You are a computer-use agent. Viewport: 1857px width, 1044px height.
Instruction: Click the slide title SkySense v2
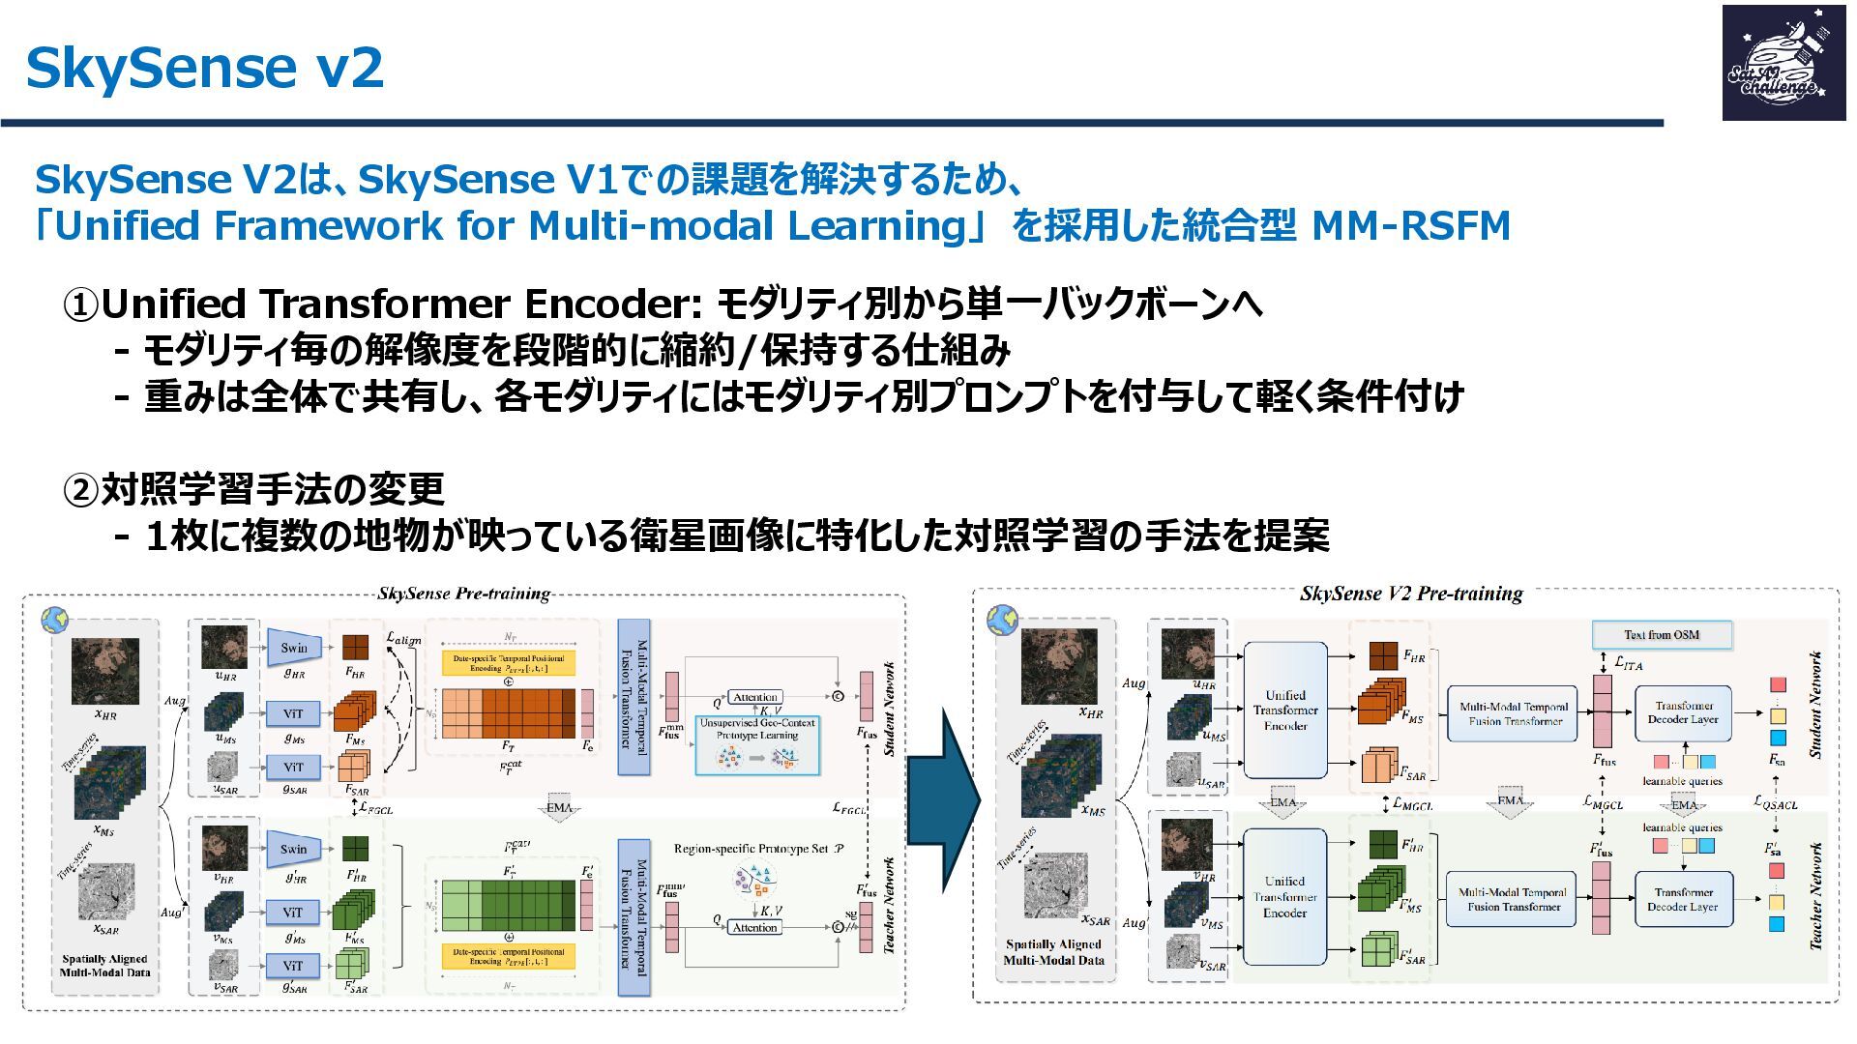click(x=204, y=68)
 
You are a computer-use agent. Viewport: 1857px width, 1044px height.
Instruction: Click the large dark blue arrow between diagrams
click(x=945, y=798)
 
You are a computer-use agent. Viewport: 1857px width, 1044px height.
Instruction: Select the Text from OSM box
click(x=1662, y=635)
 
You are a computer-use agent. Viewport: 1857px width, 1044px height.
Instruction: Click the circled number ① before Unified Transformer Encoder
click(x=81, y=305)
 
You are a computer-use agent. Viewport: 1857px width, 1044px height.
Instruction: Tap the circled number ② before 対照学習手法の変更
click(x=81, y=490)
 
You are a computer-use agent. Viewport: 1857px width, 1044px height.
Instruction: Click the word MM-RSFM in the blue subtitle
click(x=1410, y=226)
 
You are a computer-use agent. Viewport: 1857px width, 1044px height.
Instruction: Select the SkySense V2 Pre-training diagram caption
click(x=1411, y=594)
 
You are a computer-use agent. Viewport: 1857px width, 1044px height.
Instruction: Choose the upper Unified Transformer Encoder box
click(x=1284, y=710)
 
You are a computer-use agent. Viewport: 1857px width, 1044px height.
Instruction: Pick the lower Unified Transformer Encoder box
click(x=1284, y=896)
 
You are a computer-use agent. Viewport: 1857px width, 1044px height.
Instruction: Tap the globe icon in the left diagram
click(x=54, y=620)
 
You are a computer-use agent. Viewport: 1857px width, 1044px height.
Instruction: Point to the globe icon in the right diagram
click(x=1002, y=620)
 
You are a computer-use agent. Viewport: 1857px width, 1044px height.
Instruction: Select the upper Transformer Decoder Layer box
click(x=1683, y=712)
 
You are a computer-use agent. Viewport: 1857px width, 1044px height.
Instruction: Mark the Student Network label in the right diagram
click(x=1814, y=705)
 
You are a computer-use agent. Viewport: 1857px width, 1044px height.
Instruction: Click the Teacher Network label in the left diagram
click(x=889, y=905)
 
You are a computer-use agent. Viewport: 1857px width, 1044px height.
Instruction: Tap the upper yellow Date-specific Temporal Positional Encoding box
click(x=509, y=663)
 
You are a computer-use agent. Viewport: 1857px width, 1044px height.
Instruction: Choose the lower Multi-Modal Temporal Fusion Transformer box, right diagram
click(x=1514, y=899)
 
